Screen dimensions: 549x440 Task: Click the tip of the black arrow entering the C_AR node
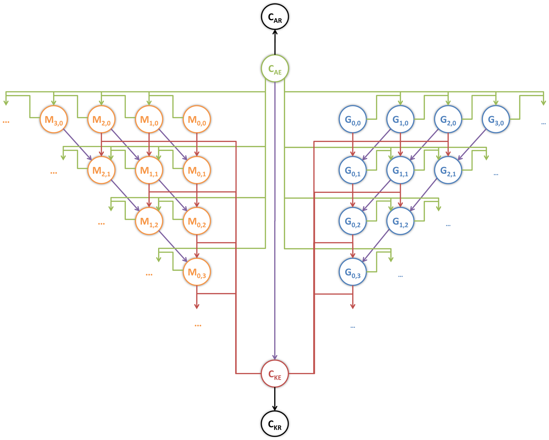tap(275, 30)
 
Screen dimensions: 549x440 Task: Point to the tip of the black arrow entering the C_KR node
tap(275, 410)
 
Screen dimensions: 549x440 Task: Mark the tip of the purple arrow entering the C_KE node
tap(275, 360)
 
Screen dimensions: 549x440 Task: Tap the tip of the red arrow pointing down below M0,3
tap(197, 309)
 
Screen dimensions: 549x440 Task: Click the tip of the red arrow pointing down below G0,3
tap(353, 309)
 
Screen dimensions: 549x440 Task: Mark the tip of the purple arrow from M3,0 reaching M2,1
tap(91, 160)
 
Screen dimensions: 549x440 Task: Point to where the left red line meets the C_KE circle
tap(261, 374)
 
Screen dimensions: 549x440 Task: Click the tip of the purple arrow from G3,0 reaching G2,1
tap(458, 160)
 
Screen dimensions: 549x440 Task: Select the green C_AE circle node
tap(275, 68)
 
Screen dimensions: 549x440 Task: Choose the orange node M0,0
tap(197, 119)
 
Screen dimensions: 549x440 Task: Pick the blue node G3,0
tap(496, 119)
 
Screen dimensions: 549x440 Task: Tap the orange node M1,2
tap(149, 221)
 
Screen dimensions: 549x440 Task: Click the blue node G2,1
tap(448, 170)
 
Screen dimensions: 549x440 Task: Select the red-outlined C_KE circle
tap(275, 374)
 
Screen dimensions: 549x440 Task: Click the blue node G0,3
tap(353, 272)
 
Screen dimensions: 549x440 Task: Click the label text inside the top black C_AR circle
tap(275, 18)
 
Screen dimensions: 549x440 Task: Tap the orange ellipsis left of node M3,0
tap(6, 122)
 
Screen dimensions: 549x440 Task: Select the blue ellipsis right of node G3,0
tap(544, 124)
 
